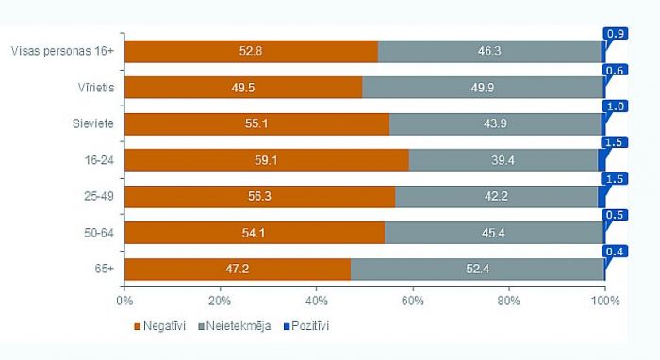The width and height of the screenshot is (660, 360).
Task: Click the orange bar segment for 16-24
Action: click(266, 160)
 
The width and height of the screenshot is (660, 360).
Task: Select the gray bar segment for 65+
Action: click(477, 269)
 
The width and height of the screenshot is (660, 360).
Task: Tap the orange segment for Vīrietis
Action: click(242, 88)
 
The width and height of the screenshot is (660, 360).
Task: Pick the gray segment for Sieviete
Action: click(494, 123)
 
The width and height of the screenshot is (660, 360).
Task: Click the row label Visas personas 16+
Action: click(60, 51)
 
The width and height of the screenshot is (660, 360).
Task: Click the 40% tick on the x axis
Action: click(316, 302)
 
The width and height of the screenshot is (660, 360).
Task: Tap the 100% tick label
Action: click(604, 302)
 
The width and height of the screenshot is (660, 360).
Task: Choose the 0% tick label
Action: click(124, 302)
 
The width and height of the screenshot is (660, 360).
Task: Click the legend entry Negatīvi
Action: click(164, 326)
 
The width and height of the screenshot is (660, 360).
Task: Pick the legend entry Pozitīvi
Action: click(307, 326)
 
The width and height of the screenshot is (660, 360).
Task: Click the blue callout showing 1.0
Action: click(616, 106)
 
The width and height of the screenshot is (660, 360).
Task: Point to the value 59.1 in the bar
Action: click(266, 160)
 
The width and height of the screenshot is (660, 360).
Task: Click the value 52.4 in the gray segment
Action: click(477, 269)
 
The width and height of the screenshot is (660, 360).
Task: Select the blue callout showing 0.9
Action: click(616, 34)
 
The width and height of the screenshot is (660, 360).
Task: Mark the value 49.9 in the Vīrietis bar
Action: click(482, 88)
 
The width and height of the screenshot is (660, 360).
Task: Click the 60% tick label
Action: click(412, 302)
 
